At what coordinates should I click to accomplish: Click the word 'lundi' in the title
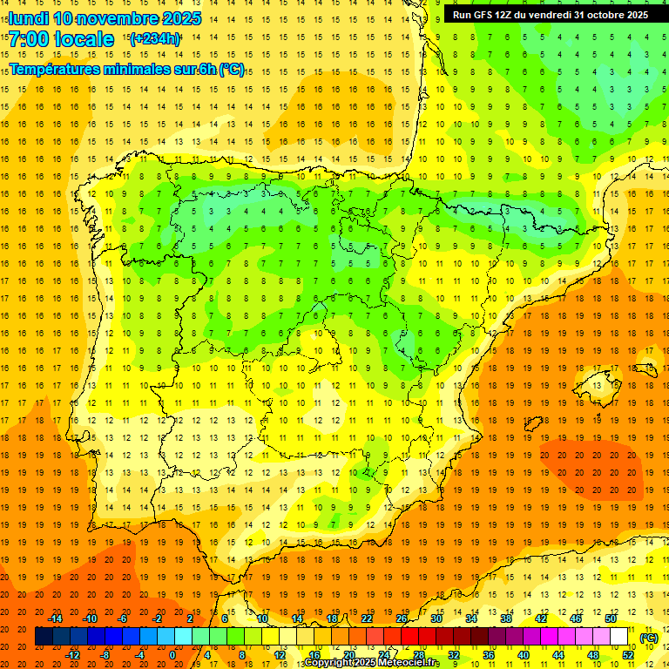28,18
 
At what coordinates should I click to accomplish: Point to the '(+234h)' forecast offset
155,38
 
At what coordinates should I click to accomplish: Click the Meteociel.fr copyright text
371,663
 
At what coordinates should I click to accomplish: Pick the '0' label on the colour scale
172,655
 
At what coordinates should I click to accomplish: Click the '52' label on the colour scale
628,655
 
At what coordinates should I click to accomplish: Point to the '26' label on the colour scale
402,618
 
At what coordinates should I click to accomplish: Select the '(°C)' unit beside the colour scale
649,638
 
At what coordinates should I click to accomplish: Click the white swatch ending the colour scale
619,637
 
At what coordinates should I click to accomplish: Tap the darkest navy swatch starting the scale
44,637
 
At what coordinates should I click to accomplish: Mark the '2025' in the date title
176,18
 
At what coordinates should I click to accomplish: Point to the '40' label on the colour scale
523,655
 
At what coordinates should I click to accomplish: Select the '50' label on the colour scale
611,618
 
